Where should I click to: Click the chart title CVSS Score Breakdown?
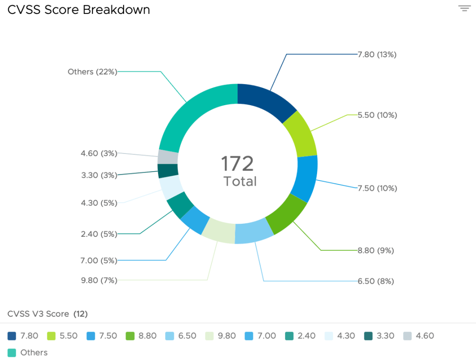click(79, 10)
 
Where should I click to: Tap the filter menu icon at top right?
click(464, 8)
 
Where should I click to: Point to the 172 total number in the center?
click(237, 164)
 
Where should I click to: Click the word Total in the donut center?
click(240, 181)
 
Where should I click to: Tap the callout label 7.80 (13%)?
click(377, 54)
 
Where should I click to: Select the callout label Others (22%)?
click(92, 72)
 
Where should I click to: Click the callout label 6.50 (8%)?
click(376, 281)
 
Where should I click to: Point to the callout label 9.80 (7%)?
click(99, 280)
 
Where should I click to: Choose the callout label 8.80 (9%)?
click(376, 250)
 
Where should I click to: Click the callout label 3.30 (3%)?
click(99, 175)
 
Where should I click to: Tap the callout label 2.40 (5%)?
click(99, 234)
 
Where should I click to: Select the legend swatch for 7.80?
click(12, 336)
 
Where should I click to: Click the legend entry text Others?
click(34, 353)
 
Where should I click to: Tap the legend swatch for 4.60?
click(407, 336)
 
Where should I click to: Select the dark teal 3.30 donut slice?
click(168, 171)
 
